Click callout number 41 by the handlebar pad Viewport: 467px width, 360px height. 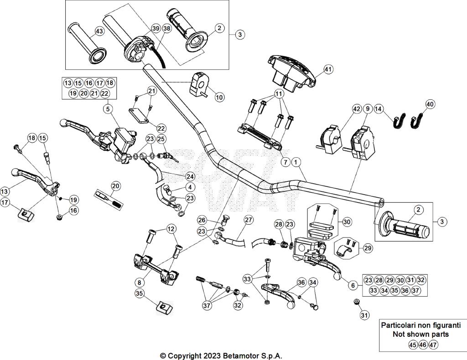328,69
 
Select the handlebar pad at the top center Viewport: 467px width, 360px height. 291,70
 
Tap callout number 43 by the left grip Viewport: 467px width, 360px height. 99,31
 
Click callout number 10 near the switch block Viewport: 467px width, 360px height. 219,97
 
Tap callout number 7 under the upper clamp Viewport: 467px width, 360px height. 284,162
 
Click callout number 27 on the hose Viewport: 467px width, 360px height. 248,220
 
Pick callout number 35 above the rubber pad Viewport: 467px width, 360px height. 140,293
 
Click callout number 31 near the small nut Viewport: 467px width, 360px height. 363,314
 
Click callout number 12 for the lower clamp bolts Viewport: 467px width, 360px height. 171,228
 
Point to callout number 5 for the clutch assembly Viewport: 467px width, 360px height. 108,108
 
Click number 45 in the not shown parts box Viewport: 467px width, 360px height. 412,345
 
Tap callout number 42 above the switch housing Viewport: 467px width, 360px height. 357,109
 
